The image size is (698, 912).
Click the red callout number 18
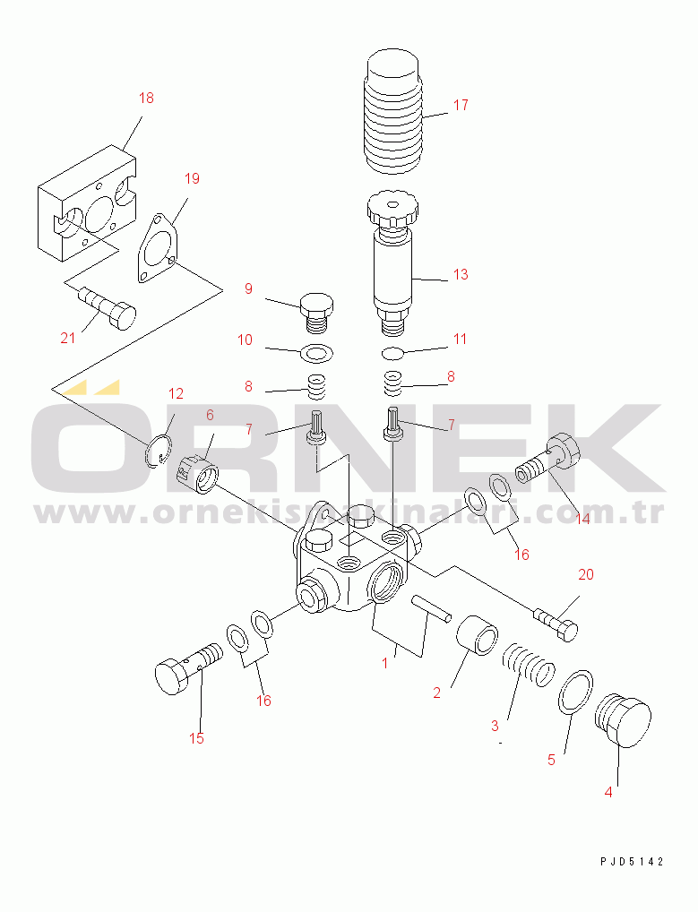[146, 98]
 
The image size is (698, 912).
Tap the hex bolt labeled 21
[107, 307]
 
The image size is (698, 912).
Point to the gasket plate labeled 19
[158, 248]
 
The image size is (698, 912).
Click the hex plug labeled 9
[316, 313]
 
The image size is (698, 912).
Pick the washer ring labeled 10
[316, 352]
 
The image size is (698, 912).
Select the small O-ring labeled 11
[392, 353]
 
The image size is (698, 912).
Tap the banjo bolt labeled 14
[547, 457]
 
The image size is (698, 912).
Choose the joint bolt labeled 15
[188, 668]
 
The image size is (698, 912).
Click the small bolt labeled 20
[556, 624]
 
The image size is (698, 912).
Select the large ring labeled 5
[575, 693]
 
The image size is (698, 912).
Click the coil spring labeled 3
[528, 665]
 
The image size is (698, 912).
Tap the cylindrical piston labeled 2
[477, 635]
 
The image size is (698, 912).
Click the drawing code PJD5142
[632, 862]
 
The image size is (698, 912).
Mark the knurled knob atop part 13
[392, 211]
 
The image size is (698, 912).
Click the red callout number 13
[461, 274]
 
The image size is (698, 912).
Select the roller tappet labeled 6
[197, 473]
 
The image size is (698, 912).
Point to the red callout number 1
[384, 662]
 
